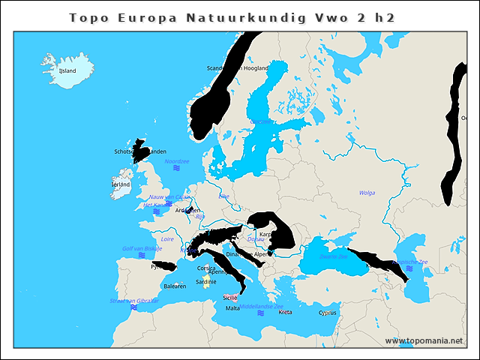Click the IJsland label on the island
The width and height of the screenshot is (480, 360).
click(x=67, y=71)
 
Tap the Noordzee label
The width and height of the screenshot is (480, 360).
click(x=177, y=161)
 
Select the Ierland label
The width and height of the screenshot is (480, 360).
click(x=120, y=184)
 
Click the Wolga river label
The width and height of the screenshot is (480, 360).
click(x=367, y=193)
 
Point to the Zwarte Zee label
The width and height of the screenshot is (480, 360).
click(x=334, y=256)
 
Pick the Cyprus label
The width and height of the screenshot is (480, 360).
click(x=328, y=313)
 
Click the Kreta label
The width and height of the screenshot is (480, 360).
click(x=285, y=311)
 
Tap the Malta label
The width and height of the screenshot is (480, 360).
click(x=232, y=308)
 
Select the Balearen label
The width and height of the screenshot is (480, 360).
click(x=175, y=286)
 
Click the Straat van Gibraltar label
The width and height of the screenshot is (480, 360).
click(x=134, y=300)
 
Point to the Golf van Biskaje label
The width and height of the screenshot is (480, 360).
click(x=142, y=248)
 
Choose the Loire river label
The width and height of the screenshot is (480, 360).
click(x=168, y=238)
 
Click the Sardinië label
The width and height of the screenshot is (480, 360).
click(x=206, y=282)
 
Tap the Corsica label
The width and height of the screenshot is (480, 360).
click(x=207, y=268)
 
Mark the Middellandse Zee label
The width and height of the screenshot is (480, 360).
click(x=268, y=306)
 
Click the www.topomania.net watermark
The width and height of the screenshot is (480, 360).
click(x=424, y=340)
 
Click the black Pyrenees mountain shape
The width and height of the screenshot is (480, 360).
click(x=163, y=265)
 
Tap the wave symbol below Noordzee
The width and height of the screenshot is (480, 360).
click(x=177, y=169)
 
